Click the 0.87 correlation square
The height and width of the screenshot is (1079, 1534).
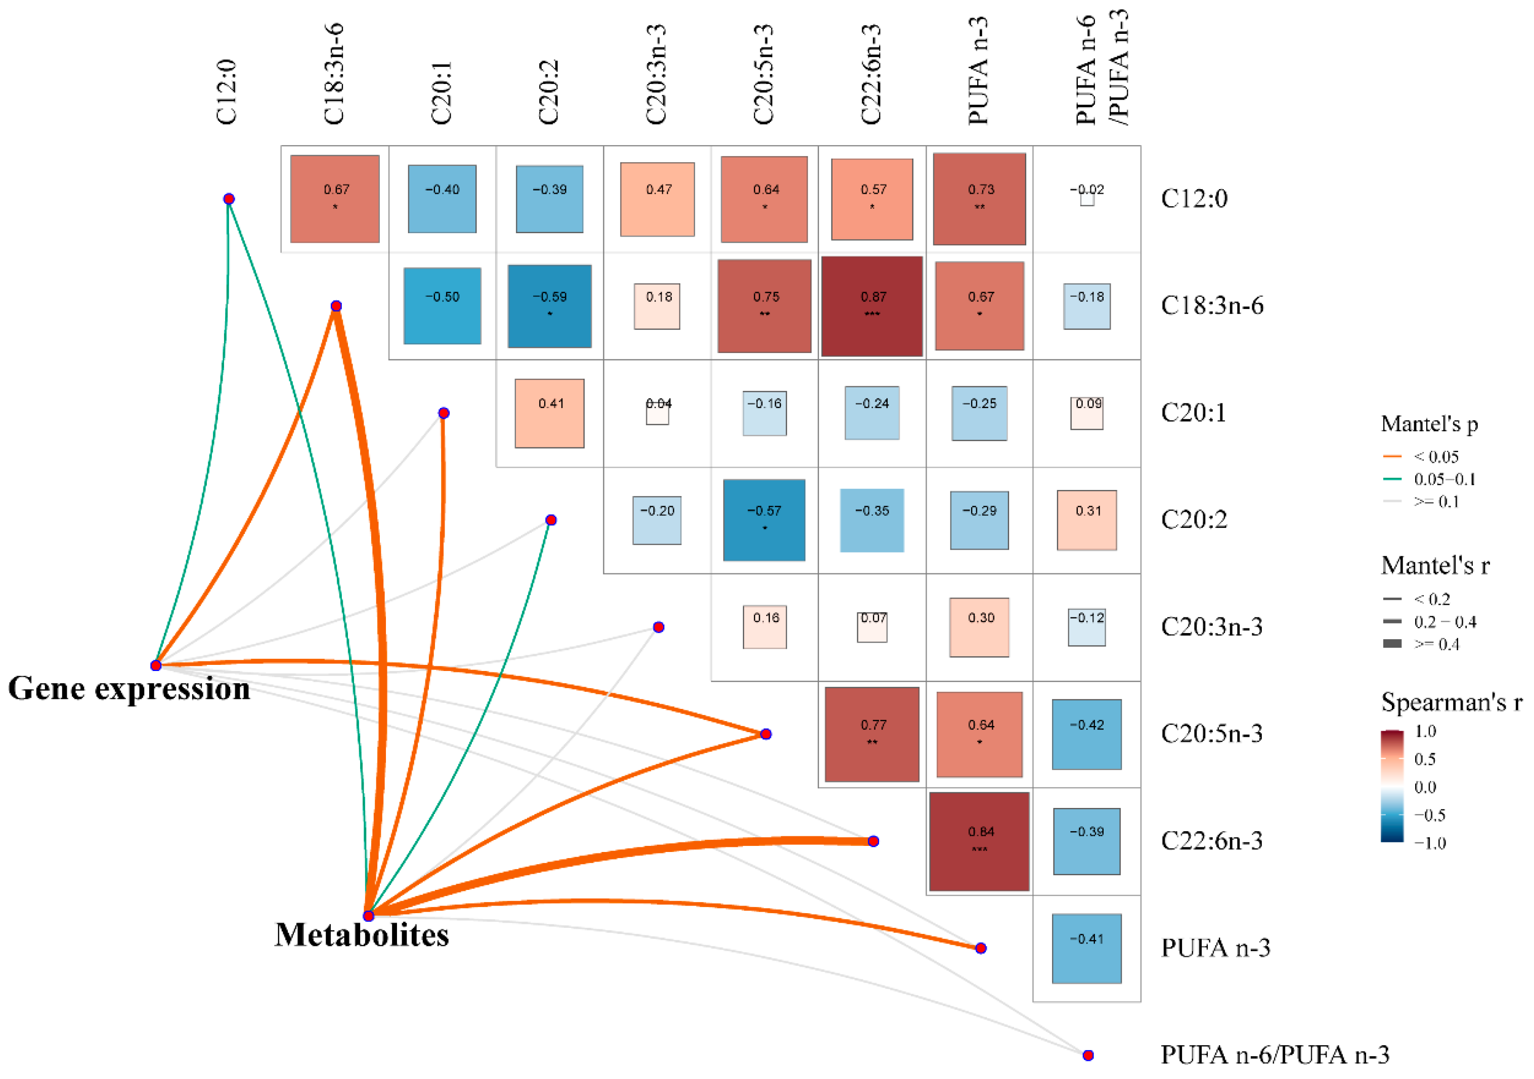(x=872, y=306)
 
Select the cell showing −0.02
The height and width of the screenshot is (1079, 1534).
(x=1086, y=198)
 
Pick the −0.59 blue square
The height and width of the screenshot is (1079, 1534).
(x=549, y=306)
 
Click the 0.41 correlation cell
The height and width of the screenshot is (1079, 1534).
(x=549, y=413)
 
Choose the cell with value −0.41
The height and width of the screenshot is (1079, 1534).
(x=1086, y=948)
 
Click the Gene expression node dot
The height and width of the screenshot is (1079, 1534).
(x=156, y=665)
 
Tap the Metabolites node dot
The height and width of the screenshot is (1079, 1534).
(x=368, y=915)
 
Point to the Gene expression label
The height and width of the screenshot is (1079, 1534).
(x=129, y=689)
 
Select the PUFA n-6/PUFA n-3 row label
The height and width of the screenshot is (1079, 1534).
(x=1275, y=1055)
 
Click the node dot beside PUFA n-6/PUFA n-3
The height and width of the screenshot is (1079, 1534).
(x=1088, y=1055)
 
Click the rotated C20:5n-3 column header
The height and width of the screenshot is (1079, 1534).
(x=763, y=74)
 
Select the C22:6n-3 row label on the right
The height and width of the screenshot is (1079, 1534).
(x=1211, y=840)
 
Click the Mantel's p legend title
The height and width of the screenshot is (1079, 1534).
(x=1429, y=424)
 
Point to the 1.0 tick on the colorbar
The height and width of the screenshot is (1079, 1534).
(x=1426, y=732)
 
